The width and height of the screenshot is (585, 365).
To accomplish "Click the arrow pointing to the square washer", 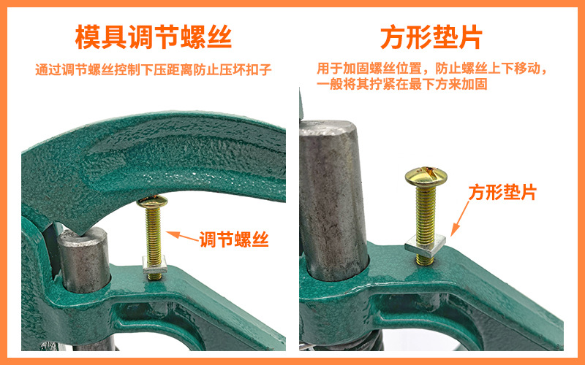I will pos(461,216).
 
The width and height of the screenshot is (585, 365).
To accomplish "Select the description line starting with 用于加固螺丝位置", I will pos(432,69).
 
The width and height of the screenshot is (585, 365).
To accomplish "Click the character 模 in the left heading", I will pos(88,36).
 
